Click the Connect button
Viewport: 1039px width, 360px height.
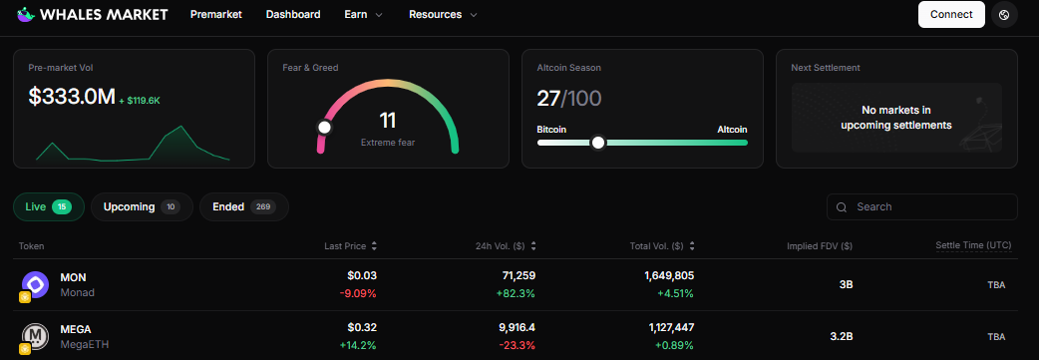click(x=951, y=15)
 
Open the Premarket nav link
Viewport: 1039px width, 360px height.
click(x=215, y=15)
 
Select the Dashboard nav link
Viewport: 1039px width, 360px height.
click(x=293, y=15)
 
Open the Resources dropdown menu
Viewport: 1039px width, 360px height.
click(x=443, y=15)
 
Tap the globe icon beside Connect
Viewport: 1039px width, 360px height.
click(x=1004, y=15)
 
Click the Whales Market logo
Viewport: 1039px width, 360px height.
click(x=92, y=15)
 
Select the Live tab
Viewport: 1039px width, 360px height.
click(x=48, y=206)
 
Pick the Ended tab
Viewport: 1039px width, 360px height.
click(x=243, y=206)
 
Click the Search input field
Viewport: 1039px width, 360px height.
click(x=921, y=206)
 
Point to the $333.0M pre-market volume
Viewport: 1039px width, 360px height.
click(x=71, y=97)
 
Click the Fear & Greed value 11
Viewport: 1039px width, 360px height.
click(x=388, y=121)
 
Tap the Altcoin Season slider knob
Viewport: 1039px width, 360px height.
click(x=598, y=143)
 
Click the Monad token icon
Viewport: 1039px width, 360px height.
click(x=37, y=285)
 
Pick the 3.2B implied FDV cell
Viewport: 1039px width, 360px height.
click(x=841, y=337)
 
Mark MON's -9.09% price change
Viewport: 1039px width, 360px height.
click(x=358, y=293)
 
